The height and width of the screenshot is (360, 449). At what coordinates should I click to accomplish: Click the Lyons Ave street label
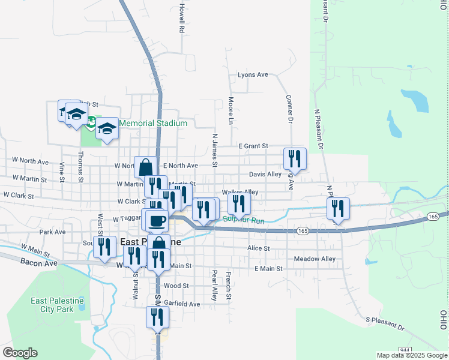(x=253, y=75)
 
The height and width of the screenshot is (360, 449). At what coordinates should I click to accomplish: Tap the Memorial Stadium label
(x=153, y=124)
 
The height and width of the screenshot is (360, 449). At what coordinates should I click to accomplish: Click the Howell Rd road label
(x=181, y=19)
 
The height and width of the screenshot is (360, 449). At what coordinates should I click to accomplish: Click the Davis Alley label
(x=265, y=175)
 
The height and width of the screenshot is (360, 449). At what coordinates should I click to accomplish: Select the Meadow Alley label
(x=315, y=259)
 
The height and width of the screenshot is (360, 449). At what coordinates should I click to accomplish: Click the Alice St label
(x=258, y=248)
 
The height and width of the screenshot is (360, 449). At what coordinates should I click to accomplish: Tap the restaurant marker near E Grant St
(x=295, y=158)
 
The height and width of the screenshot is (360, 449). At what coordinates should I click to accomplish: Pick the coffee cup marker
(x=157, y=220)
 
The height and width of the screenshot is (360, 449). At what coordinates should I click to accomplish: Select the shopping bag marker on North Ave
(x=145, y=167)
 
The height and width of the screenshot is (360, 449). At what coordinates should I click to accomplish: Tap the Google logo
(x=20, y=353)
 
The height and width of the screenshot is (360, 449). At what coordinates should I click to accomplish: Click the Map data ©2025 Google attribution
(x=412, y=355)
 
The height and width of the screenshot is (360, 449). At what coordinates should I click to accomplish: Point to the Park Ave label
(x=52, y=232)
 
